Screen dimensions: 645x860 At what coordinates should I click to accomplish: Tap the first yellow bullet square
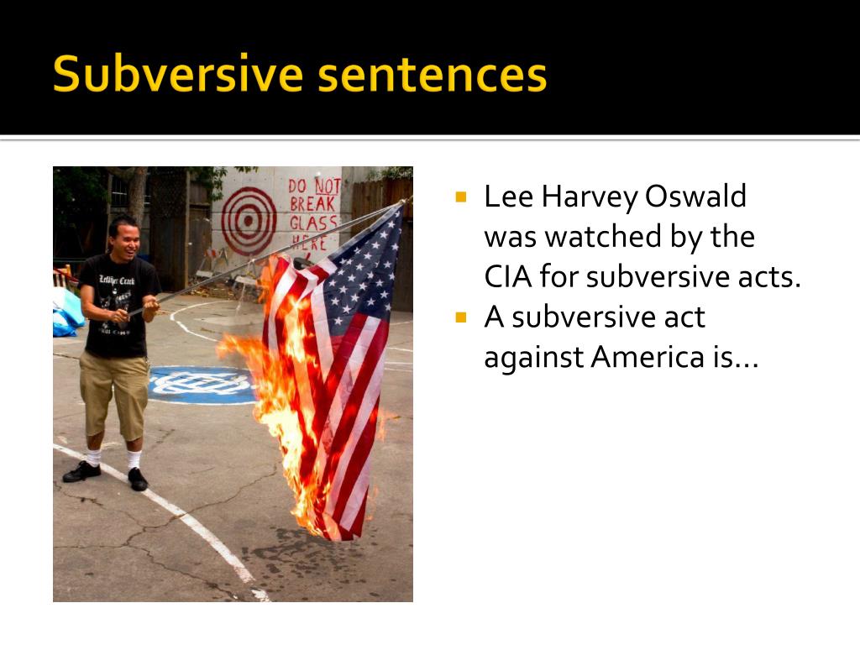(x=459, y=198)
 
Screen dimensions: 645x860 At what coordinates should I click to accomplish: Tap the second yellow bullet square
(x=459, y=318)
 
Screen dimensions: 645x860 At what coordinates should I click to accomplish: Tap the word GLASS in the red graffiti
(x=308, y=223)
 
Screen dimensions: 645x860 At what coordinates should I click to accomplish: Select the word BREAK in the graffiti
(x=312, y=204)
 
